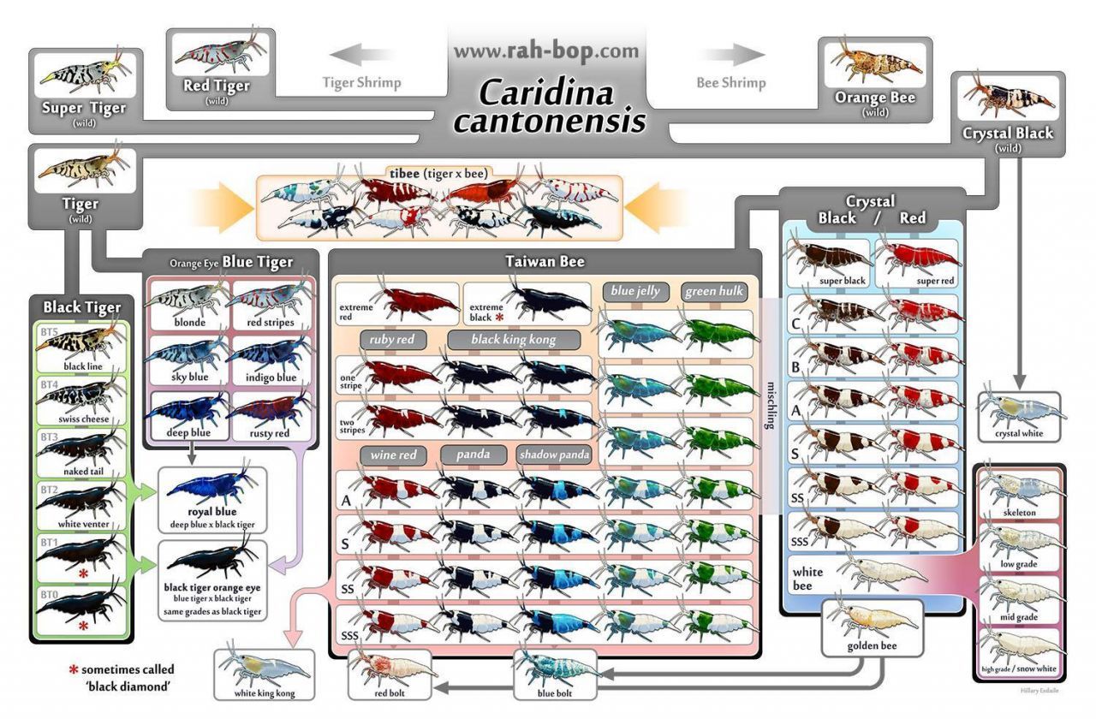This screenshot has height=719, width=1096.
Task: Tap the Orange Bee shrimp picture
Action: point(874,62)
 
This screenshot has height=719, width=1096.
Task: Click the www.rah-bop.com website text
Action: point(545,51)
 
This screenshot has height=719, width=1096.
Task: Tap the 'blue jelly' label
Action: point(635,291)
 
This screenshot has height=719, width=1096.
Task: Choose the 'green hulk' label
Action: point(713,291)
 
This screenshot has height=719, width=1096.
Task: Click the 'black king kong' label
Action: point(513,340)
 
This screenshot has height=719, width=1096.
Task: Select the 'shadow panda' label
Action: point(554,455)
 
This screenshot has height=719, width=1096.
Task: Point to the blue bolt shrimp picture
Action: point(554,668)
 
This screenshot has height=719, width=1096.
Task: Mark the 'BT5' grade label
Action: point(49,332)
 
